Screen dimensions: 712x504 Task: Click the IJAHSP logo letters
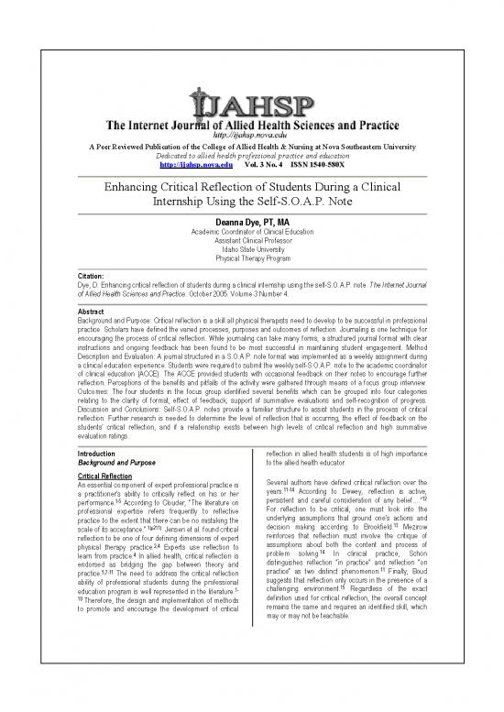(x=251, y=97)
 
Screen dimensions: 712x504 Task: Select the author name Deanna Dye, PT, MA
(x=251, y=221)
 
